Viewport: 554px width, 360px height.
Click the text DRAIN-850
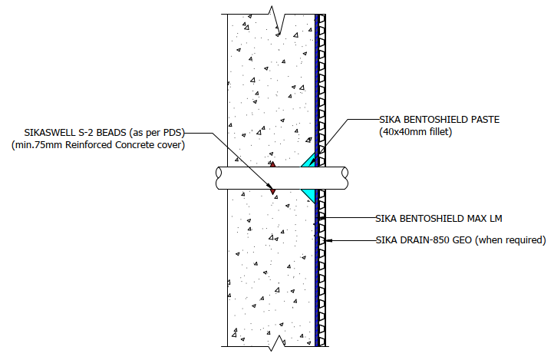point(428,240)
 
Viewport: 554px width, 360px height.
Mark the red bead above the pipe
point(271,163)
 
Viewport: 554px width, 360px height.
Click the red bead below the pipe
point(272,190)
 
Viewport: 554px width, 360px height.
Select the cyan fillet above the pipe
point(309,160)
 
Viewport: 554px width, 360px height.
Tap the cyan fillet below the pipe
point(309,194)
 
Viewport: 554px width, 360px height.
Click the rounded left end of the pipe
point(218,177)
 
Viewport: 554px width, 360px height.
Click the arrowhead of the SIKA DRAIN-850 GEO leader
point(328,240)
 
